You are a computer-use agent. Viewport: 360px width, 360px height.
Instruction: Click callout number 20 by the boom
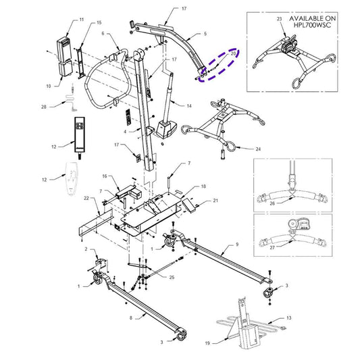click(x=234, y=53)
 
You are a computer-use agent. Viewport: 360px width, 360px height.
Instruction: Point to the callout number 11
click(x=82, y=22)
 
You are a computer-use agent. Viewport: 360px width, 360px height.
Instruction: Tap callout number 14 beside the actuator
click(x=189, y=106)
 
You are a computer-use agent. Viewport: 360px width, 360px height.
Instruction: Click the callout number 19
click(x=208, y=342)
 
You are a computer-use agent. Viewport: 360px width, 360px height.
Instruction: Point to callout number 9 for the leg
click(x=238, y=244)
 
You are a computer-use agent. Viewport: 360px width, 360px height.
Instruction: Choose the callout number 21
click(x=216, y=202)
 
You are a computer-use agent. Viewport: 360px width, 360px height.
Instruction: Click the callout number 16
click(x=105, y=176)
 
